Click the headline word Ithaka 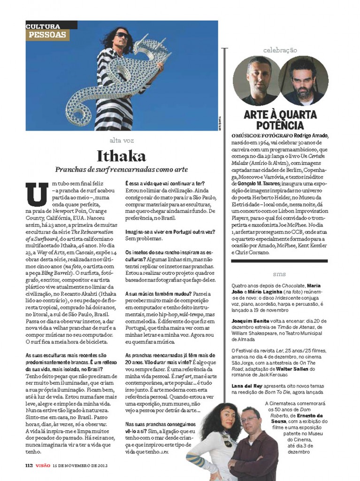coord(121,155)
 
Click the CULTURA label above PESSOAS coord(43,27)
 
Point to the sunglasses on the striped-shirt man coord(123,35)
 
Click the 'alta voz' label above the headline coord(121,140)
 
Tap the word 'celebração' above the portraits coord(280,50)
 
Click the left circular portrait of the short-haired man coord(256,80)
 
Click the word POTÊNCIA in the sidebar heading coord(280,125)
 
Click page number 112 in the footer coord(31,466)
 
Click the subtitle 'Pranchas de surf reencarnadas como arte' coord(122,169)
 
